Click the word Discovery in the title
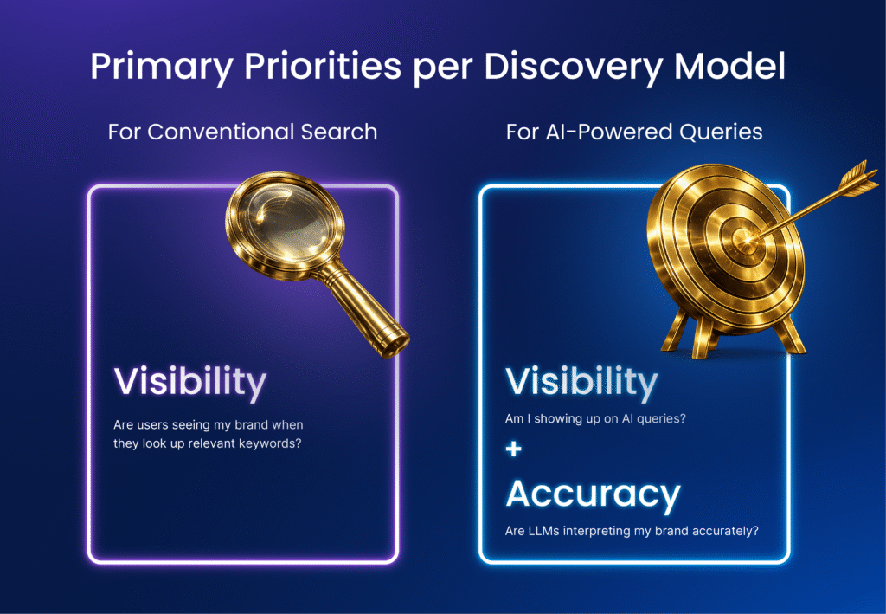point(573,67)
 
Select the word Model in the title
point(729,66)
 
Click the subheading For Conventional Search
point(242,132)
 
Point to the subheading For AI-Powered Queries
point(634,132)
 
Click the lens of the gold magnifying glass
point(285,224)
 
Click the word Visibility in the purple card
point(189,382)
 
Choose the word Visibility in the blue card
point(581,382)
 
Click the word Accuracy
point(593,494)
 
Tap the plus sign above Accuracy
point(514,449)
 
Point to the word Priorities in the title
point(323,66)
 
